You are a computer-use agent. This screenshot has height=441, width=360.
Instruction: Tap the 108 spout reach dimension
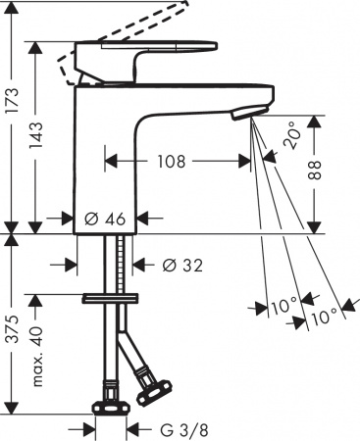pyautogui.click(x=172, y=161)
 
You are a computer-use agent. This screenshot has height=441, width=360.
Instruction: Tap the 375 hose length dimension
pyautogui.click(x=10, y=321)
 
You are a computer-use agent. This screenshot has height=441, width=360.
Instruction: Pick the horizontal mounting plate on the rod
pyautogui.click(x=110, y=296)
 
